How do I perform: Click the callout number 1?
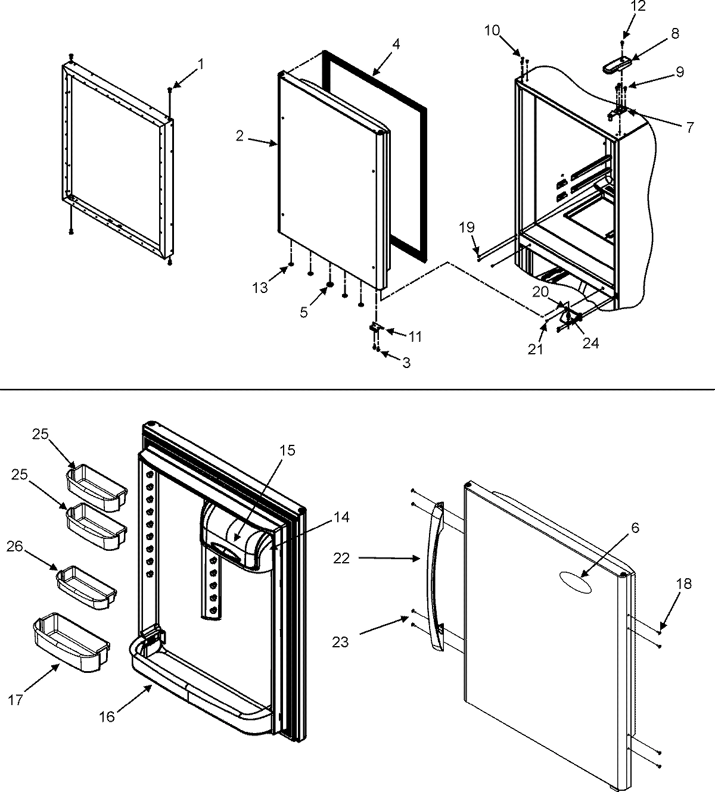[x=201, y=64]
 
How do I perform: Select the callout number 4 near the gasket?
[x=396, y=43]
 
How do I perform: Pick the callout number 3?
[x=406, y=363]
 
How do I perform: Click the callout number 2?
[x=239, y=136]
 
